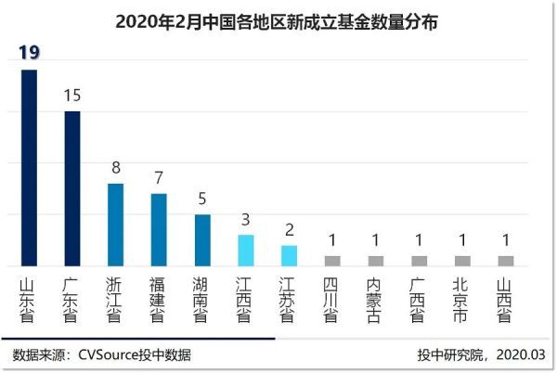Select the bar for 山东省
point(29,168)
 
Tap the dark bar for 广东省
point(71,188)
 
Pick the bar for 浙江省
point(115,225)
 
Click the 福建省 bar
point(159,229)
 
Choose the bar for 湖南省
point(201,240)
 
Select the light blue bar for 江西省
point(245,250)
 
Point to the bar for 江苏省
point(289,255)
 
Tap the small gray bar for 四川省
point(331,261)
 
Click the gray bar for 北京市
point(461,261)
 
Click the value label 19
point(29,53)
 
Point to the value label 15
point(72,95)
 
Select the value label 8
point(115,167)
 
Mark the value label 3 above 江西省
point(245,219)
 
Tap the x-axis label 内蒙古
point(375,298)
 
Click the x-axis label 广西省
point(419,298)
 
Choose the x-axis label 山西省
point(505,298)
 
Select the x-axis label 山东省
point(29,298)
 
